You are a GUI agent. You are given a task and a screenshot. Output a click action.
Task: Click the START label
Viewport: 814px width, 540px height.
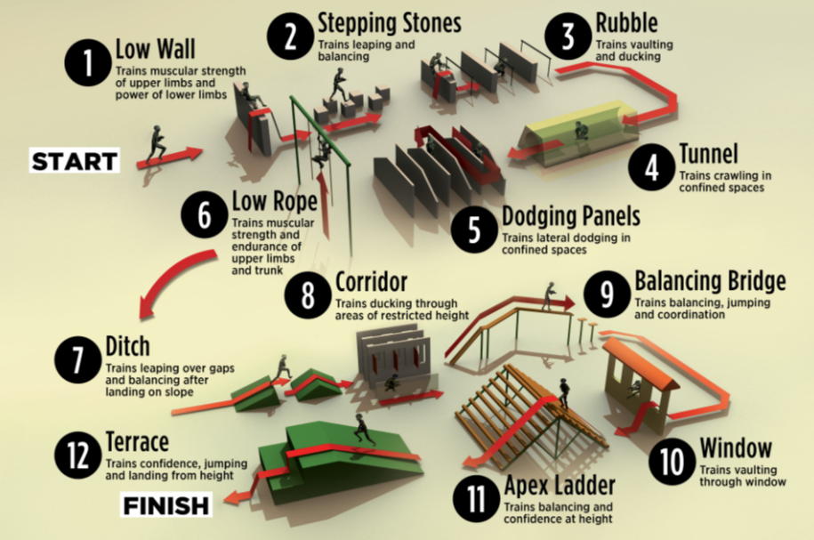[x=74, y=160]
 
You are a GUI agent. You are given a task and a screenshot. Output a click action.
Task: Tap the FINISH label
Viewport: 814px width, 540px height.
[x=166, y=505]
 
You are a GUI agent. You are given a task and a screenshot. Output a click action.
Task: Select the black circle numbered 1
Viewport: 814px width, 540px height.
[x=88, y=63]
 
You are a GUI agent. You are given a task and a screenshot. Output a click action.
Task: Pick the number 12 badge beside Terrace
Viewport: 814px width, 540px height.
[x=78, y=455]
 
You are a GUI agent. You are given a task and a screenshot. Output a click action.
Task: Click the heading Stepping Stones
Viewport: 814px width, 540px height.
[x=390, y=23]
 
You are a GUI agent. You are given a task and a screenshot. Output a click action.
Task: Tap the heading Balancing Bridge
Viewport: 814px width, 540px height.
[x=710, y=281]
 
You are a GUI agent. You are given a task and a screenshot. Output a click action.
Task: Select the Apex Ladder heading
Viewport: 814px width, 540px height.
[x=560, y=485]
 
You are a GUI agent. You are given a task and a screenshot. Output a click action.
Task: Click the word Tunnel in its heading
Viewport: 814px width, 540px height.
[x=708, y=153]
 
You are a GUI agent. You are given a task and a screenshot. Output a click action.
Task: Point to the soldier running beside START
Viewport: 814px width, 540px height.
[x=157, y=145]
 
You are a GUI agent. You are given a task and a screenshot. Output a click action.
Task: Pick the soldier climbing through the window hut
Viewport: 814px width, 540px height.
[x=634, y=391]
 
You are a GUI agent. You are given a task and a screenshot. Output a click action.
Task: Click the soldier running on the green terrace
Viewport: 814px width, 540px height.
[x=363, y=431]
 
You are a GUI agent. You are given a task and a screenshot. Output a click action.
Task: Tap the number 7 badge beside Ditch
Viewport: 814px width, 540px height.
[x=78, y=359]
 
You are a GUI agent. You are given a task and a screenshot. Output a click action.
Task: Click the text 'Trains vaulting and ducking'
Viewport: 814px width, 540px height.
[x=634, y=51]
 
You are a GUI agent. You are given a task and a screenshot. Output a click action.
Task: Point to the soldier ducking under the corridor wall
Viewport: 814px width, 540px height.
[x=391, y=383]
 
